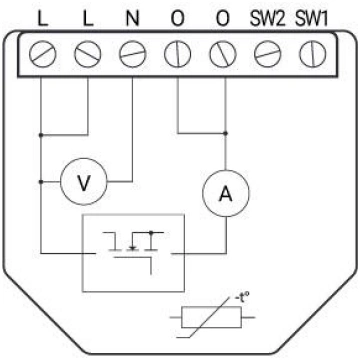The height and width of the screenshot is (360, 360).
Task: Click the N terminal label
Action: coord(132,20)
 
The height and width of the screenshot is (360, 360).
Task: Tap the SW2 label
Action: coord(268,20)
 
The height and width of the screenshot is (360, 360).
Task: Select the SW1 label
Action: coord(312,20)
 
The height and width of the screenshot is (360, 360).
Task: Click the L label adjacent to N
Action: coord(88,20)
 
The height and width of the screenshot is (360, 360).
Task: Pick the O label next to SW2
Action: coord(222,20)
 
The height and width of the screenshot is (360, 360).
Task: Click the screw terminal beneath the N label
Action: coord(132,54)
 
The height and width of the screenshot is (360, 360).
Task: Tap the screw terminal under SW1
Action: coord(312,54)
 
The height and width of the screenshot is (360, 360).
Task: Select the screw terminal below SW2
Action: coord(268,54)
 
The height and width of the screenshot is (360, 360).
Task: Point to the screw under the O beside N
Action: coord(177,54)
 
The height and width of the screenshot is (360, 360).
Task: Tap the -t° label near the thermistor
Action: coord(242,298)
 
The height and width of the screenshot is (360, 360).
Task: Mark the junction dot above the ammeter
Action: coord(225,133)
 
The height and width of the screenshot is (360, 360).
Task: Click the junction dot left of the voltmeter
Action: coord(41,182)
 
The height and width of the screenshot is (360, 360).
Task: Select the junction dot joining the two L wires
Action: coord(41,135)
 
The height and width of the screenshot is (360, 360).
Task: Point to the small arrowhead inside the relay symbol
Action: coord(133,248)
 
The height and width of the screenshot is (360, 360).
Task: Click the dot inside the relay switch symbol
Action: coord(151,232)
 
